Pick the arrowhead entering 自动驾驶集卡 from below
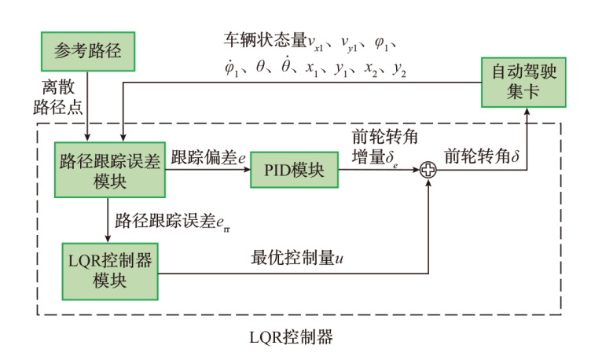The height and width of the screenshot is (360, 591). tap(525, 112)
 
